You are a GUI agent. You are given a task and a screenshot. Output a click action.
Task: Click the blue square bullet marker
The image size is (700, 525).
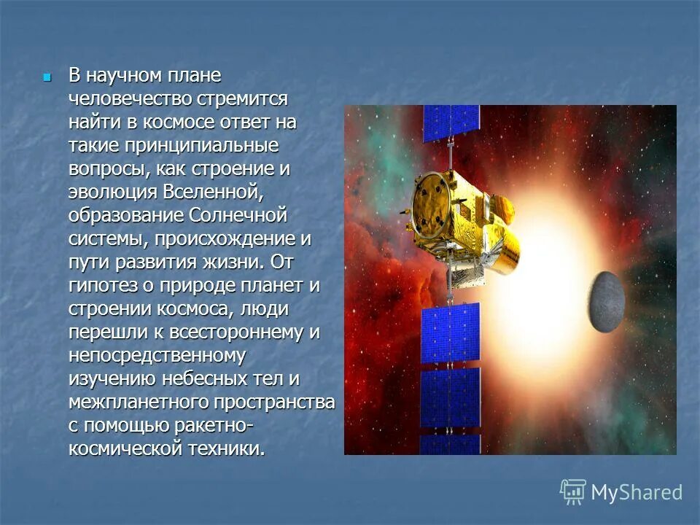click(x=47, y=76)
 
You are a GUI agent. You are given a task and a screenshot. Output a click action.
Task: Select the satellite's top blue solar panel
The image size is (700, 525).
click(x=451, y=123)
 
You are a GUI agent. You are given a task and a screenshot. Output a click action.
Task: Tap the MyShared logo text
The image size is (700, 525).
click(x=636, y=492)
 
